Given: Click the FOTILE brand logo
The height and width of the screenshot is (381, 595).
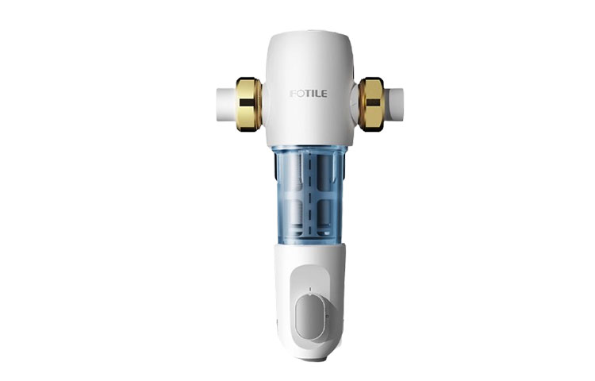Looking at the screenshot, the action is point(308,94).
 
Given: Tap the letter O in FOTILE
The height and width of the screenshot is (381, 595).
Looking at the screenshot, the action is point(300,94).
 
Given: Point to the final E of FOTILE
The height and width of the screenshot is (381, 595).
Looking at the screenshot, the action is point(324,94).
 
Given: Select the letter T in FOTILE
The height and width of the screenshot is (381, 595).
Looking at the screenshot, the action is point(308,94).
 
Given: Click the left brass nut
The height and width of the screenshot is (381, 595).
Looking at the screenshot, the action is point(248,104).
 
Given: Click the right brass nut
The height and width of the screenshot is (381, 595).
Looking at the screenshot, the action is point(371,104).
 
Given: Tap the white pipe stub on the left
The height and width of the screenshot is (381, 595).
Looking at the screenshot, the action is point(227,105).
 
